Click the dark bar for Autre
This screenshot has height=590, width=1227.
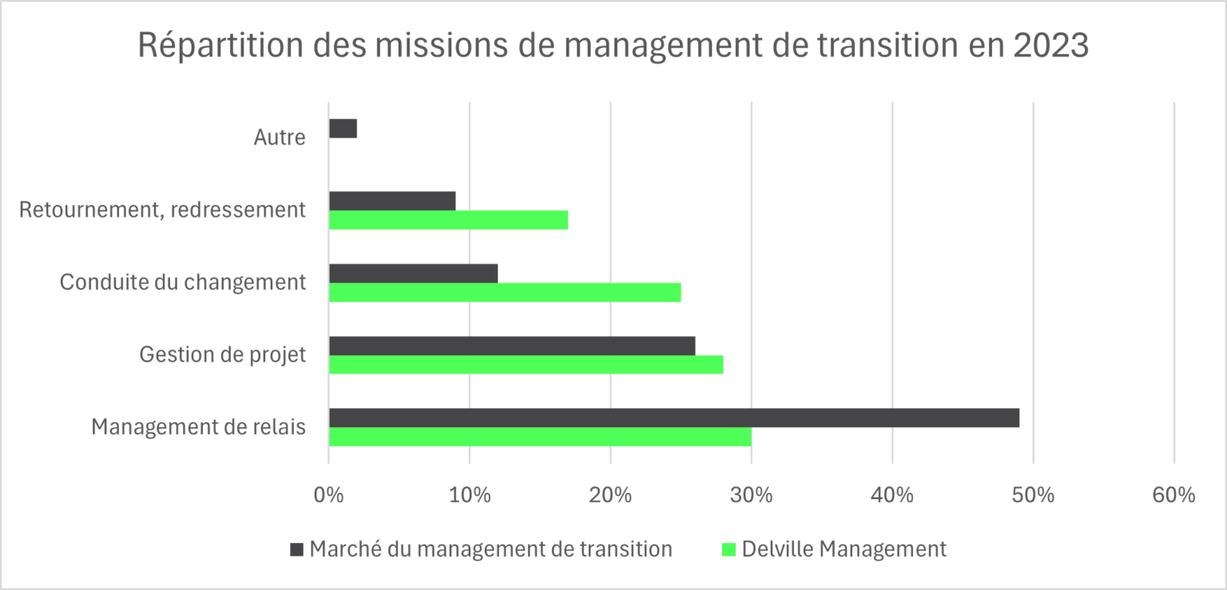[x=343, y=129]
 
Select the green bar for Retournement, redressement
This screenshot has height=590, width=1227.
[x=448, y=220]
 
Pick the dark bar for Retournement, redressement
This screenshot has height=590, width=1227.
[x=392, y=201]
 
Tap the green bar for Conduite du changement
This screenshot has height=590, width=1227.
[x=505, y=292]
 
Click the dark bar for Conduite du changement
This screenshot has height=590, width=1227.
[x=413, y=273]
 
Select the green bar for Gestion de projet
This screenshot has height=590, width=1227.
[x=526, y=365]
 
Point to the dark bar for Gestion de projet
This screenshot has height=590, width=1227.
[x=512, y=346]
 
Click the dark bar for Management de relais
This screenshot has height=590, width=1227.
[x=673, y=418]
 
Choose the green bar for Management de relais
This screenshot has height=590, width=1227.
[x=540, y=437]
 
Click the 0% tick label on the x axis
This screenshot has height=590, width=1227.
[x=328, y=495]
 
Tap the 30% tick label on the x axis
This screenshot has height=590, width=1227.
[x=751, y=495]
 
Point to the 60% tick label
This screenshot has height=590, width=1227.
[x=1173, y=495]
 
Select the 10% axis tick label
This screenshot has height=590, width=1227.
[x=469, y=495]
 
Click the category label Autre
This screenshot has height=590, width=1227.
[x=280, y=137]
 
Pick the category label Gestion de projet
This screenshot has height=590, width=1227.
[x=222, y=354]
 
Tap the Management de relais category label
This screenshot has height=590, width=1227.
[x=198, y=427]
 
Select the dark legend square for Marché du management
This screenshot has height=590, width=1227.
[x=297, y=549]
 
